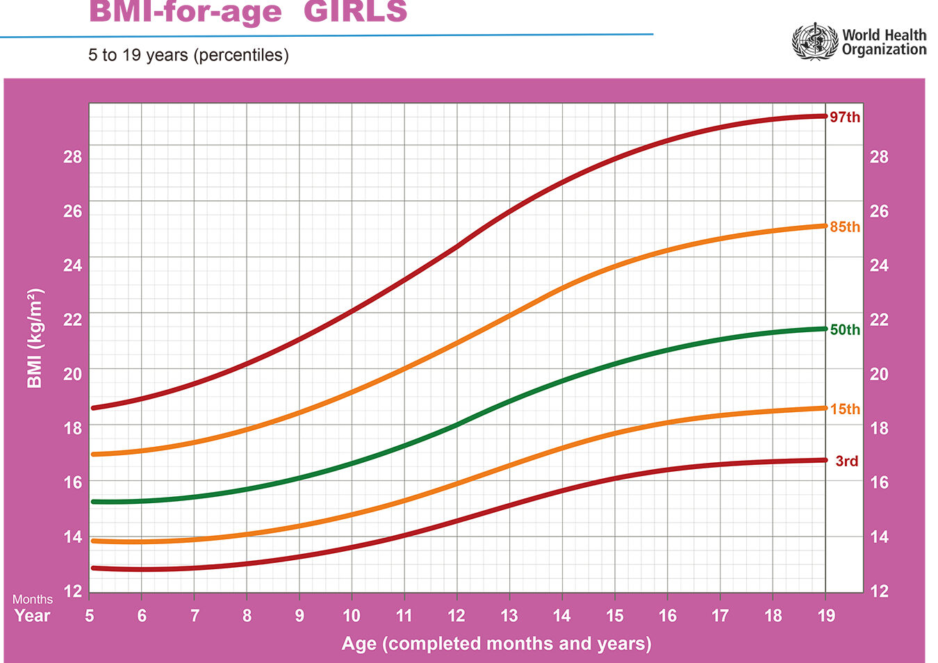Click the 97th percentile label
845,117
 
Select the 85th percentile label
845,227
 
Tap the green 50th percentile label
845,330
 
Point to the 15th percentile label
845,409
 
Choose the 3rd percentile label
846,461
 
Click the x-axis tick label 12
456,616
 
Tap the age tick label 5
90,616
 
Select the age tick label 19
826,616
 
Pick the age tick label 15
615,616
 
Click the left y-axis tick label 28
72,157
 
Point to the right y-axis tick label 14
879,537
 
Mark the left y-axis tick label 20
72,374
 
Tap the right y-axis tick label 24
879,265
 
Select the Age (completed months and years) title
496,644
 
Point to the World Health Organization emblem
815,42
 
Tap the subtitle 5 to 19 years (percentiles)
188,55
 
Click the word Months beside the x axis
33,599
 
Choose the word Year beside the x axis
33,616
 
